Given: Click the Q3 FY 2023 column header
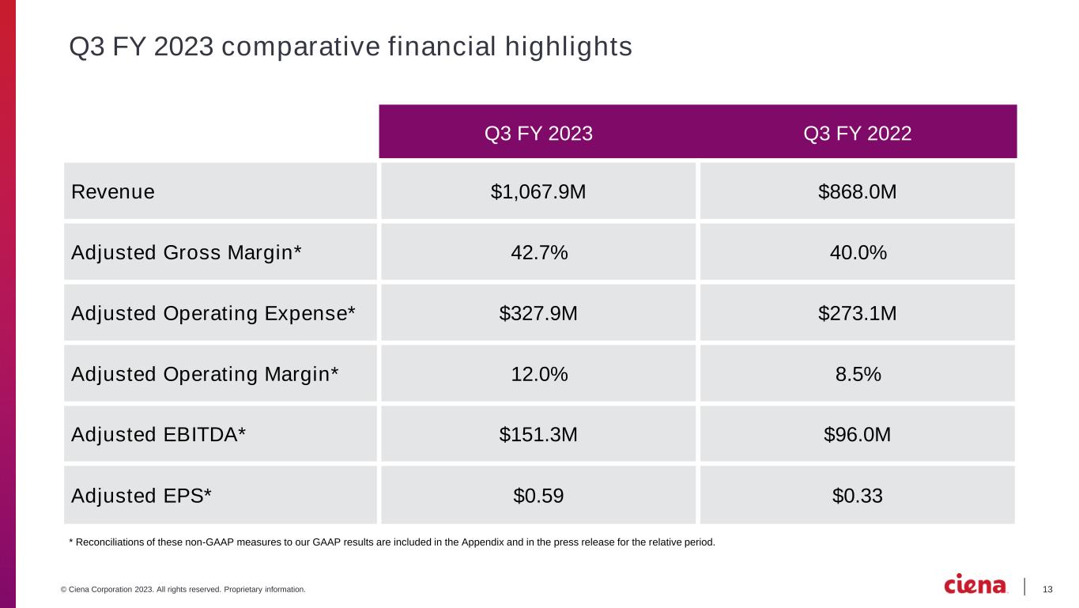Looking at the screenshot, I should [x=538, y=134].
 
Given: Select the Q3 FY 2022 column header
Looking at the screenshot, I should [x=858, y=134].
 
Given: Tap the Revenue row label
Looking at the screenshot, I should [x=113, y=191].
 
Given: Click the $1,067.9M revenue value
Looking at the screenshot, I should [x=538, y=191].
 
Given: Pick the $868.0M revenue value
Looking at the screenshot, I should [x=858, y=191].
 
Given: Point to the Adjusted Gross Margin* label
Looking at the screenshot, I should [x=187, y=252].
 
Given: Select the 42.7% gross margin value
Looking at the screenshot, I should [x=538, y=252].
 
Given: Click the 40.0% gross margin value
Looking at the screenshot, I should [x=858, y=252].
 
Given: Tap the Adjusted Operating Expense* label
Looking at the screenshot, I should [x=213, y=313].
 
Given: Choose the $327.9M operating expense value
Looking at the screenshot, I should [x=538, y=313].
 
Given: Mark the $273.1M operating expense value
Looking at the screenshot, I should [x=858, y=313].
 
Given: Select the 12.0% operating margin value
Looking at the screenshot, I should [x=538, y=374].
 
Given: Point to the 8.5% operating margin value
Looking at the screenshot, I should [x=858, y=374].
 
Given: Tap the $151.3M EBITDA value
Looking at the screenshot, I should [x=538, y=435].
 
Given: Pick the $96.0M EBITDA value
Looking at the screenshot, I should [x=858, y=435].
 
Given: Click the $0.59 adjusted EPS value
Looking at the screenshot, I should [x=538, y=496].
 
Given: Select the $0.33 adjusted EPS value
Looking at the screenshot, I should [x=858, y=496].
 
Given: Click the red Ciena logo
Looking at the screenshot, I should [x=976, y=584].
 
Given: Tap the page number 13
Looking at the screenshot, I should [x=1048, y=589].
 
